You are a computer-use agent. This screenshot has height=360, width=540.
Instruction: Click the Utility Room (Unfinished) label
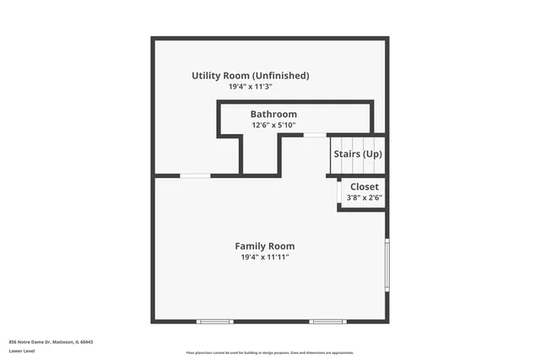250,76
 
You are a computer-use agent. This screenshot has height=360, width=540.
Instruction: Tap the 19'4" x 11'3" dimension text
250,87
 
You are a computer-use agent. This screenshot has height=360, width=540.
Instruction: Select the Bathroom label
273,114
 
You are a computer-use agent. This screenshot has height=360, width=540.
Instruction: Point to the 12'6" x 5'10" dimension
273,125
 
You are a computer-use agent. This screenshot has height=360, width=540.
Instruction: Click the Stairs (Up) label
358,154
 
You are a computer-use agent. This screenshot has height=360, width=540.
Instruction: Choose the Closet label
364,186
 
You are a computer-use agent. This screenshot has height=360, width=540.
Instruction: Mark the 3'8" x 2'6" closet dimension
364,198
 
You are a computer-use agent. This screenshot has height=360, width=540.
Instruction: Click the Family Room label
265,246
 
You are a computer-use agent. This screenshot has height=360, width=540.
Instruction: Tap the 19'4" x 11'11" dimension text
265,257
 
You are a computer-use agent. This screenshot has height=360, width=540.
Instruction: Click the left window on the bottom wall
214,321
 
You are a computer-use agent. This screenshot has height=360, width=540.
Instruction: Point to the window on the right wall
387,265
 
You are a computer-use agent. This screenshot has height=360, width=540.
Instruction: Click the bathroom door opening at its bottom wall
315,135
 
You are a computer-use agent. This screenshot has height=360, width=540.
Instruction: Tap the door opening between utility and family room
196,175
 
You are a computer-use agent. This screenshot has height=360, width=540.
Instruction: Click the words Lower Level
21,350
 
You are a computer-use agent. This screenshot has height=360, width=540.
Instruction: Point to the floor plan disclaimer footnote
270,352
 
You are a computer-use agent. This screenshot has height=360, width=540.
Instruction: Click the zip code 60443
87,341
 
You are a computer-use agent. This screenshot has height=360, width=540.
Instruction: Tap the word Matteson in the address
64,341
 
